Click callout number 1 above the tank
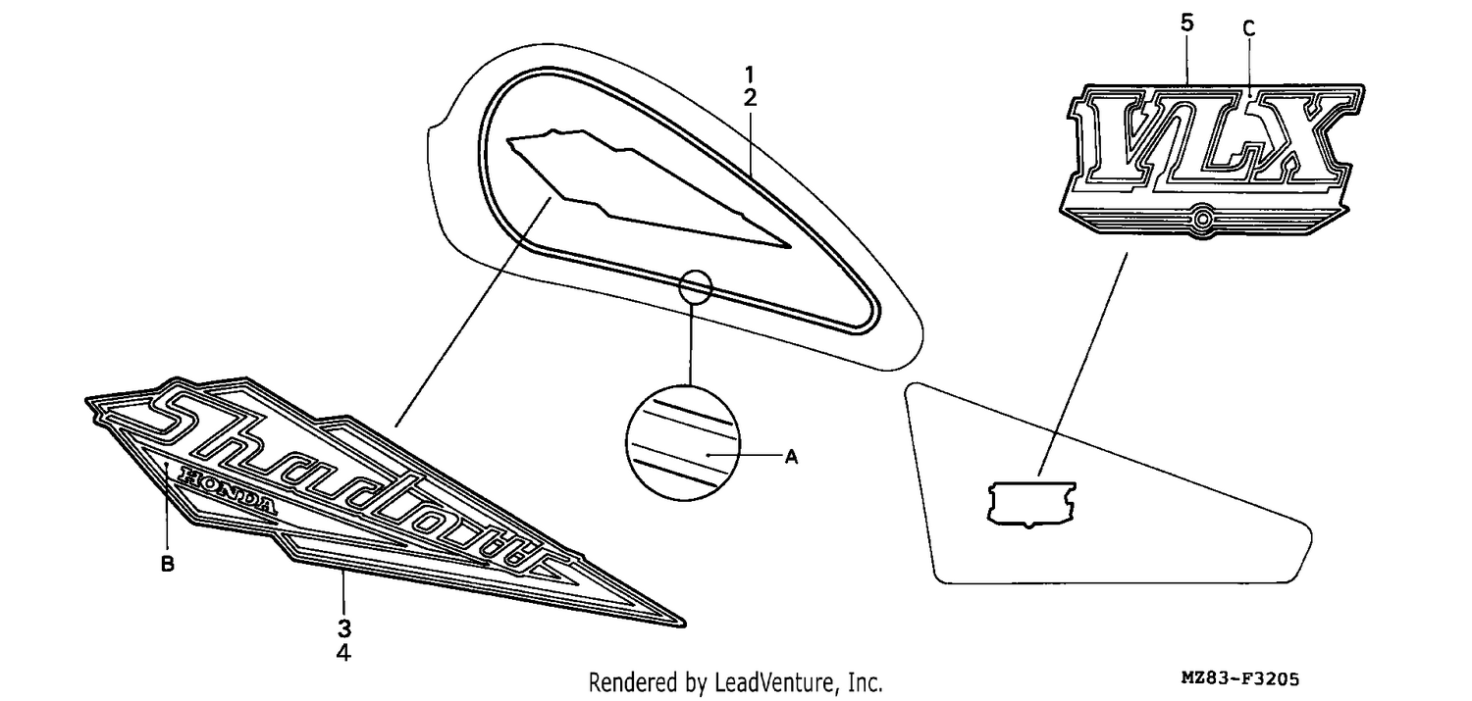tap(750, 75)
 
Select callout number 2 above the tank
tap(750, 98)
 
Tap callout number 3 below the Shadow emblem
tap(344, 628)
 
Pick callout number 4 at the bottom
tap(343, 652)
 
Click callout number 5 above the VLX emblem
tap(1186, 23)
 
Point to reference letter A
tap(791, 457)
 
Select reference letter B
tap(168, 564)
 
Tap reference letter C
tap(1249, 28)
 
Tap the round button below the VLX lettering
tap(1202, 218)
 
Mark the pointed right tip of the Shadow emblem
tap(685, 625)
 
